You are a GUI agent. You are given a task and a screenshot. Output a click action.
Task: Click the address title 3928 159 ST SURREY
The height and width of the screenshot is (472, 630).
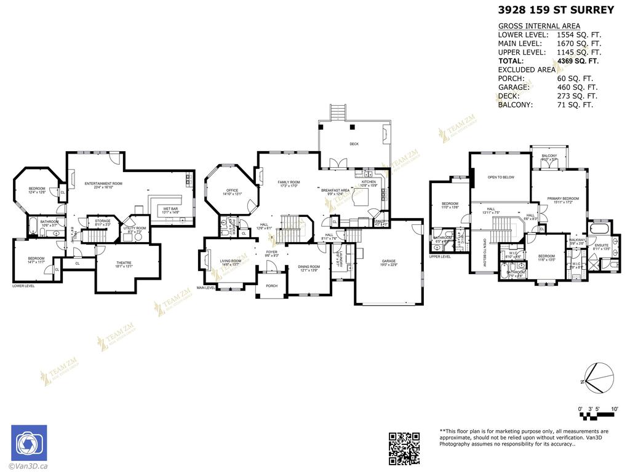pyautogui.click(x=556, y=10)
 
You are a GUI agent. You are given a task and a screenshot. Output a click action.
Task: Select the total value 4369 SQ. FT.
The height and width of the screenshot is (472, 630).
pyautogui.click(x=577, y=61)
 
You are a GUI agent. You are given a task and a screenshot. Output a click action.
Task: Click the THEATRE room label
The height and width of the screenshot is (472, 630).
pyautogui.click(x=124, y=264)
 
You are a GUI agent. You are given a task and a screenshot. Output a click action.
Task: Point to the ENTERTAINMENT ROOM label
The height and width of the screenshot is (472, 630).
pyautogui.click(x=103, y=184)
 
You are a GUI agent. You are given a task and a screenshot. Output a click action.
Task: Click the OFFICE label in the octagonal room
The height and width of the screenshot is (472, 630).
pyautogui.click(x=232, y=191)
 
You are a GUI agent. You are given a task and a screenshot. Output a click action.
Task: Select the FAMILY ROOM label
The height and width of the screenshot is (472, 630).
pyautogui.click(x=288, y=183)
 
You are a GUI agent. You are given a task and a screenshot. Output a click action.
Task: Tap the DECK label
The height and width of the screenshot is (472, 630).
pyautogui.click(x=354, y=144)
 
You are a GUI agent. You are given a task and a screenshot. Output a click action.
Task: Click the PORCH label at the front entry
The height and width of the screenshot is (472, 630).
pyautogui.click(x=271, y=286)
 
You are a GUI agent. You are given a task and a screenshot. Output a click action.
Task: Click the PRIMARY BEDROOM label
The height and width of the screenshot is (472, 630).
pyautogui.click(x=563, y=199)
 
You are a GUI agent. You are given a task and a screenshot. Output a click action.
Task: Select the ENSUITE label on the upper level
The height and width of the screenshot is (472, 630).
pyautogui.click(x=601, y=246)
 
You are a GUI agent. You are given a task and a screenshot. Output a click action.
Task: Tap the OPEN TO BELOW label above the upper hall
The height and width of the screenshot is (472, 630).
pyautogui.click(x=500, y=178)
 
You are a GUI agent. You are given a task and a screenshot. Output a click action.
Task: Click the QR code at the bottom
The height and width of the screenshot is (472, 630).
pyautogui.click(x=404, y=447)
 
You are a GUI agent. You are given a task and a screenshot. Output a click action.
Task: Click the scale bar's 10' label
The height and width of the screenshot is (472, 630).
pyautogui.click(x=614, y=409)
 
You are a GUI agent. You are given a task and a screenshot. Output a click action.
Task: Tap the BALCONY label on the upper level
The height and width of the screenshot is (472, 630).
pyautogui.click(x=549, y=156)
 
